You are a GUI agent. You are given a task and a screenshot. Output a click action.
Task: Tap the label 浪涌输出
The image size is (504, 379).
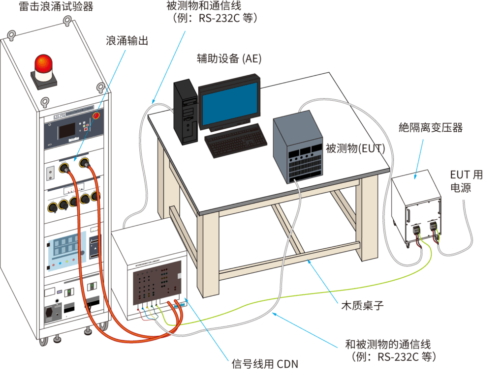tap(126, 41)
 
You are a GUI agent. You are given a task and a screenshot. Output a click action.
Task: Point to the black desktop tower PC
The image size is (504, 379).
tap(185, 112)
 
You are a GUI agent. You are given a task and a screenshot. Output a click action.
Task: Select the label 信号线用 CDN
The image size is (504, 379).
tap(265, 364)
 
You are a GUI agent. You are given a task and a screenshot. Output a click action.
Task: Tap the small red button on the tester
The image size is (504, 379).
tap(96, 116)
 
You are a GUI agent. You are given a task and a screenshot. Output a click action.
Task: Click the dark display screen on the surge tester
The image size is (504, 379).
tap(67, 130)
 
